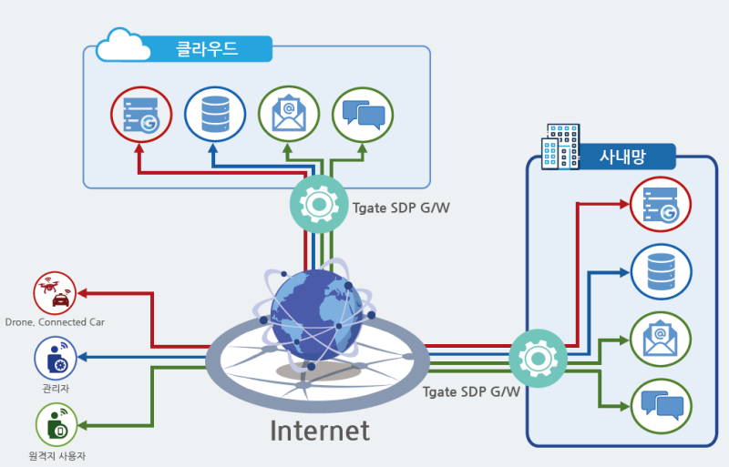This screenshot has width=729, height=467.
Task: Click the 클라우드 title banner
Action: (207, 49)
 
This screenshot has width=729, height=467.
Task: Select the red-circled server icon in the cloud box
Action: (141, 115)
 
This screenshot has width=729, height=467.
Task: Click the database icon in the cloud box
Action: (215, 115)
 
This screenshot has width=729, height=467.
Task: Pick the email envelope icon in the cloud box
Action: (289, 115)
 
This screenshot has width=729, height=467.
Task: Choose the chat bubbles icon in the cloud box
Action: (363, 115)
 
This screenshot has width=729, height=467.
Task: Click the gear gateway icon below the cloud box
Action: (319, 205)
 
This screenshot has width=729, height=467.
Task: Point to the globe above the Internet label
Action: (316, 316)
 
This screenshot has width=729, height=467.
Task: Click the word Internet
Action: (320, 431)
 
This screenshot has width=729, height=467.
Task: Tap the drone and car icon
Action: (55, 293)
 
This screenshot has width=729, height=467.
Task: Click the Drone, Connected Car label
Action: (55, 322)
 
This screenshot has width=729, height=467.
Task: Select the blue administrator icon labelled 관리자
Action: (56, 359)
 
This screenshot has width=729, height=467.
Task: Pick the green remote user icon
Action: (56, 425)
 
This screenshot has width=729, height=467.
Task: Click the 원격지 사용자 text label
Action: (57, 456)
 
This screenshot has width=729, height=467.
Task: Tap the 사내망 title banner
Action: (623, 157)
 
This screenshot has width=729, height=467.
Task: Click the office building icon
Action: (560, 147)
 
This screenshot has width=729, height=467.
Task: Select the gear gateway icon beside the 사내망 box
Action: (538, 359)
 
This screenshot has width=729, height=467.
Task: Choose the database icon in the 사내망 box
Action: (662, 272)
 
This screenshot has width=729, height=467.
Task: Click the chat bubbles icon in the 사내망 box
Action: (662, 407)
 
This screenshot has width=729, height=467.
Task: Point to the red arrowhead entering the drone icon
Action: (82, 293)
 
